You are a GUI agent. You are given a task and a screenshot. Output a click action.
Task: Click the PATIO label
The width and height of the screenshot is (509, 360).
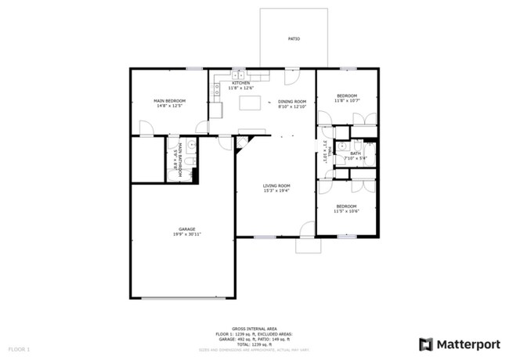294,38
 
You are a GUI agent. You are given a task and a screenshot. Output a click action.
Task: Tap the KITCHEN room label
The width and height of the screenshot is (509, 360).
240,83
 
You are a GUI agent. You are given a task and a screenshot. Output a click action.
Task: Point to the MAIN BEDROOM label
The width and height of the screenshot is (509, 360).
169,101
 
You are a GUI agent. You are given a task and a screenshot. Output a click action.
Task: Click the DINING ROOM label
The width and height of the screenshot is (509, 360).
292,101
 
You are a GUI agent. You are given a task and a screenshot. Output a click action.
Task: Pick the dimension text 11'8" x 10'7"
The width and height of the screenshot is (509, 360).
347,100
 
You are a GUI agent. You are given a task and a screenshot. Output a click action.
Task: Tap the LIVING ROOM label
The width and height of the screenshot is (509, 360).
276,185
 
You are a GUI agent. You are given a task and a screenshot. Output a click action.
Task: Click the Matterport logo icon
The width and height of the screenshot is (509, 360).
426,343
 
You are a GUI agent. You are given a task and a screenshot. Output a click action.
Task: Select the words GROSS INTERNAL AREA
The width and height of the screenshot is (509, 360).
254,329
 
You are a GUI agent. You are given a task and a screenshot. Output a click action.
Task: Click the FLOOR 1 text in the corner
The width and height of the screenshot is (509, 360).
19,347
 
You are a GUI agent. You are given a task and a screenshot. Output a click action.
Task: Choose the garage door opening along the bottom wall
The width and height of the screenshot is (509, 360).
182,297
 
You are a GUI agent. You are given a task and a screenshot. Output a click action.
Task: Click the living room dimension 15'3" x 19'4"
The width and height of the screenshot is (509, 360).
276,190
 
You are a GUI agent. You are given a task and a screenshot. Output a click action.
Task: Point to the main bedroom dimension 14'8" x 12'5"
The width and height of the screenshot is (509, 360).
169,106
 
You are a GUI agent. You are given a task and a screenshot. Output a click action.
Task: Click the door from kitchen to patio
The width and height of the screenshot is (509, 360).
291,77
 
